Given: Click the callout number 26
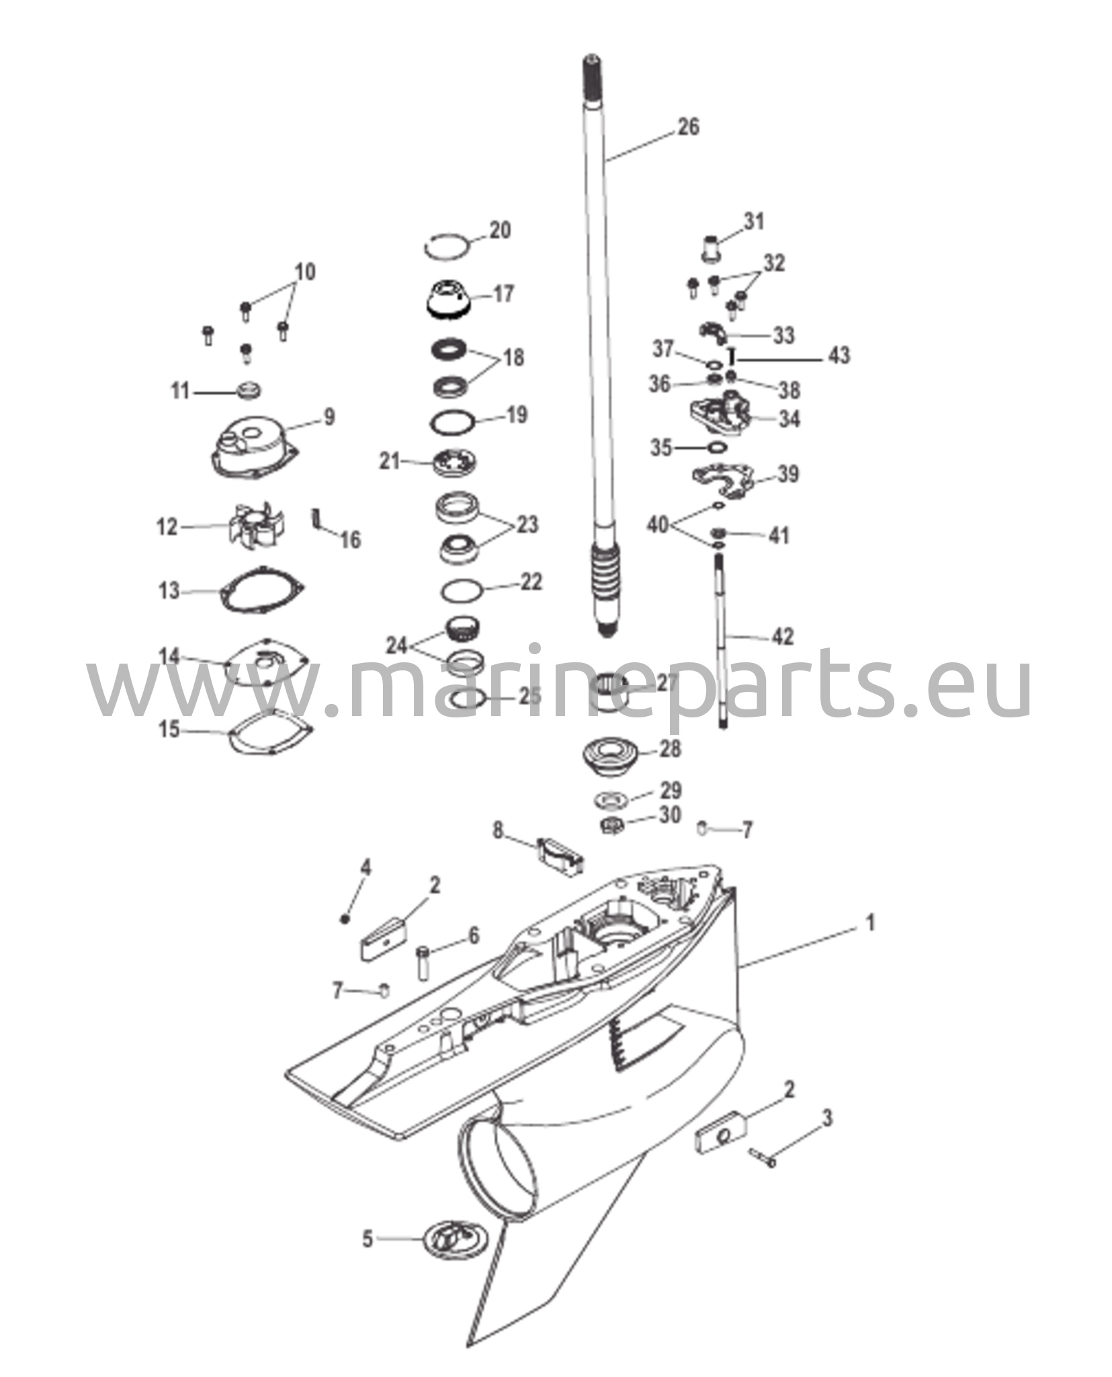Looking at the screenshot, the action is pos(687,126).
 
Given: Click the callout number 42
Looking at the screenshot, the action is pos(781,636).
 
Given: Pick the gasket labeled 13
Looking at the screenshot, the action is pos(262,592).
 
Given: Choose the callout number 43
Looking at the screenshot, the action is pos(839,354).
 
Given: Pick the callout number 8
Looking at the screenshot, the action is pos(498,831).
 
